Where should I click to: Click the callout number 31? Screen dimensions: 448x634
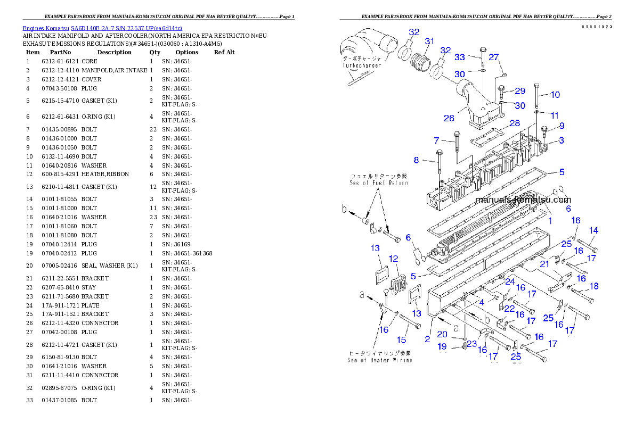[x=429, y=41]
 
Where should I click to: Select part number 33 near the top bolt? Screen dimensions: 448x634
[x=459, y=57]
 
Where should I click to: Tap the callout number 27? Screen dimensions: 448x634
[x=494, y=57]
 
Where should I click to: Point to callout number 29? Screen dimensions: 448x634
[x=519, y=91]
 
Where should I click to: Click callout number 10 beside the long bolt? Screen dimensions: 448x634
[x=555, y=95]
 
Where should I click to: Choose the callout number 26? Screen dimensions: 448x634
[x=449, y=118]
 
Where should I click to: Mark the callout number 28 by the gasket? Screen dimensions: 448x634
[x=514, y=123]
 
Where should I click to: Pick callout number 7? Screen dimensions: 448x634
[x=436, y=140]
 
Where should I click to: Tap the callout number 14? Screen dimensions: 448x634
[x=594, y=230]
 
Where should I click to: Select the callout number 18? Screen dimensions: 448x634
[x=594, y=286]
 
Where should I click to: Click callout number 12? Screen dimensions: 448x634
[x=393, y=259]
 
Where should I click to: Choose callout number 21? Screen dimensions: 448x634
[x=544, y=264]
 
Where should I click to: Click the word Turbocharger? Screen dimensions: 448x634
[x=362, y=65]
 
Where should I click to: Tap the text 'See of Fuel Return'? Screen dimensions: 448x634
[x=379, y=182]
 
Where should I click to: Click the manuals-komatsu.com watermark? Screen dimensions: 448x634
[x=523, y=200]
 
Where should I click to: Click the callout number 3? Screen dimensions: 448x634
[x=561, y=140]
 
